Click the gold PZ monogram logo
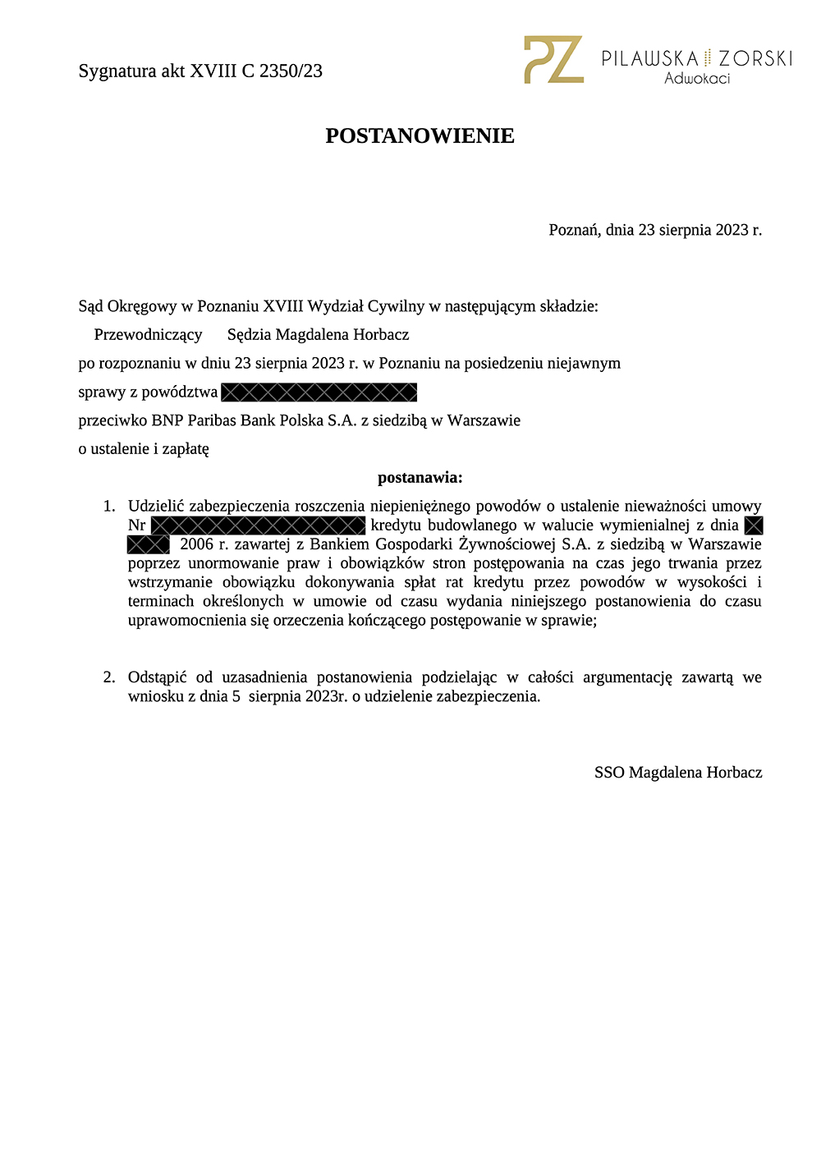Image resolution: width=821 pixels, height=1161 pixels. click(x=553, y=59)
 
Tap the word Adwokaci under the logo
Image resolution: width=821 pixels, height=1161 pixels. click(x=697, y=79)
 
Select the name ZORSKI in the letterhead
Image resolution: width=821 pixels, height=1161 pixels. click(x=755, y=58)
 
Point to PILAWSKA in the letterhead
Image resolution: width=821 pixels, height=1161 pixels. click(x=650, y=58)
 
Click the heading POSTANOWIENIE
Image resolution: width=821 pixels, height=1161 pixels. click(x=420, y=136)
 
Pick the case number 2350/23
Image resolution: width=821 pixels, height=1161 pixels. click(x=291, y=71)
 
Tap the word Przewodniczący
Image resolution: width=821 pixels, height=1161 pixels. click(x=148, y=335)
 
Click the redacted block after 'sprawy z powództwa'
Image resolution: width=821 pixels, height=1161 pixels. click(x=319, y=392)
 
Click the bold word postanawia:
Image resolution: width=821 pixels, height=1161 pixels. click(x=420, y=478)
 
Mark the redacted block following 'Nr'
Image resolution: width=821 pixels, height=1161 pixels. click(x=259, y=525)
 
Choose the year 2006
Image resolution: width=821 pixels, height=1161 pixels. click(x=197, y=544)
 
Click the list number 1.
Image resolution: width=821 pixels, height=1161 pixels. click(x=108, y=507)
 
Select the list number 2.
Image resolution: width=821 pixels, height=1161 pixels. click(x=108, y=677)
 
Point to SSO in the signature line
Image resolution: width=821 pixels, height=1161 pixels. click(x=609, y=773)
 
